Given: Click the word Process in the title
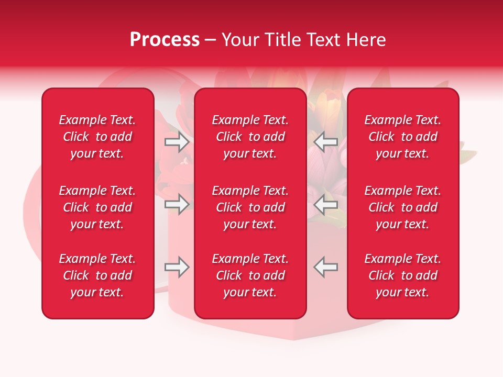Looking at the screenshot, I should tap(165, 40).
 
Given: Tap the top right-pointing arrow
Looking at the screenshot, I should tap(177, 141).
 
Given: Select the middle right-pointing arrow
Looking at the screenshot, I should tap(177, 204).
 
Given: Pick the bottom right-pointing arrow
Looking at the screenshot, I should tap(177, 267).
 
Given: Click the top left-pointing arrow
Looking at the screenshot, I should tap(326, 141).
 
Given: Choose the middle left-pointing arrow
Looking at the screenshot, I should tap(326, 204).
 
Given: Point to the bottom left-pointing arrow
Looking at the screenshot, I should tap(326, 267).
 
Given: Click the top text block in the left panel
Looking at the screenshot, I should tap(97, 137).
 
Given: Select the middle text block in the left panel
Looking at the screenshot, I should tap(97, 207).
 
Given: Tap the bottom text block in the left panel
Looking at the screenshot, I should tap(97, 275).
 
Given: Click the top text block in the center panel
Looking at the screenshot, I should tap(250, 137).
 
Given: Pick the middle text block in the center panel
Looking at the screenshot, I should tap(250, 207).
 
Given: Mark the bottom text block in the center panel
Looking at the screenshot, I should tap(250, 275).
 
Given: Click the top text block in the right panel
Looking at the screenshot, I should tap(402, 137).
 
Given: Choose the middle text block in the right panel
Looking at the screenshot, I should tap(402, 207).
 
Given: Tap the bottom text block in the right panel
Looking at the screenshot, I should tap(402, 275).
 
